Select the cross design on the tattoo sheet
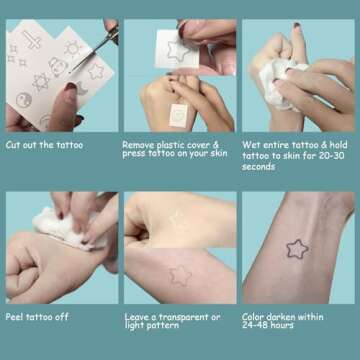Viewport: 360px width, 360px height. click(34, 41)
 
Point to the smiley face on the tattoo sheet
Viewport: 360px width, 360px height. click(23, 99)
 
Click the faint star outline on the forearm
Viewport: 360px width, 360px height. click(179, 273)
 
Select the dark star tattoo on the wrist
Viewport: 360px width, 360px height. click(296, 248)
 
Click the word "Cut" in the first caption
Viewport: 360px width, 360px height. click(14, 145)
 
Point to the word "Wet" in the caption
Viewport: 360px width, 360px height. click(251, 145)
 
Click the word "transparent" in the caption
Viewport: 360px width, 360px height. click(183, 317)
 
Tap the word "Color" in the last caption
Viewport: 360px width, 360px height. click(254, 317)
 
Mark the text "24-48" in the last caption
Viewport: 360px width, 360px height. click(255, 326)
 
